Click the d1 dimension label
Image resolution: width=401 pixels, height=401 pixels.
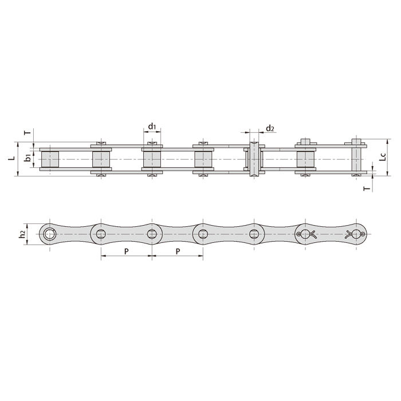[151, 126]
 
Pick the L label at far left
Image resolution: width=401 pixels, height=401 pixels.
[12, 157]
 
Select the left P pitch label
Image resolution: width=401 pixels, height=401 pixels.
[126, 251]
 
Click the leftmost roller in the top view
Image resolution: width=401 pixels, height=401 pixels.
[50, 158]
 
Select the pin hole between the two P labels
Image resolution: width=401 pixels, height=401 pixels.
[152, 233]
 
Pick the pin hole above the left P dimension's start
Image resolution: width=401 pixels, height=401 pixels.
[101, 233]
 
